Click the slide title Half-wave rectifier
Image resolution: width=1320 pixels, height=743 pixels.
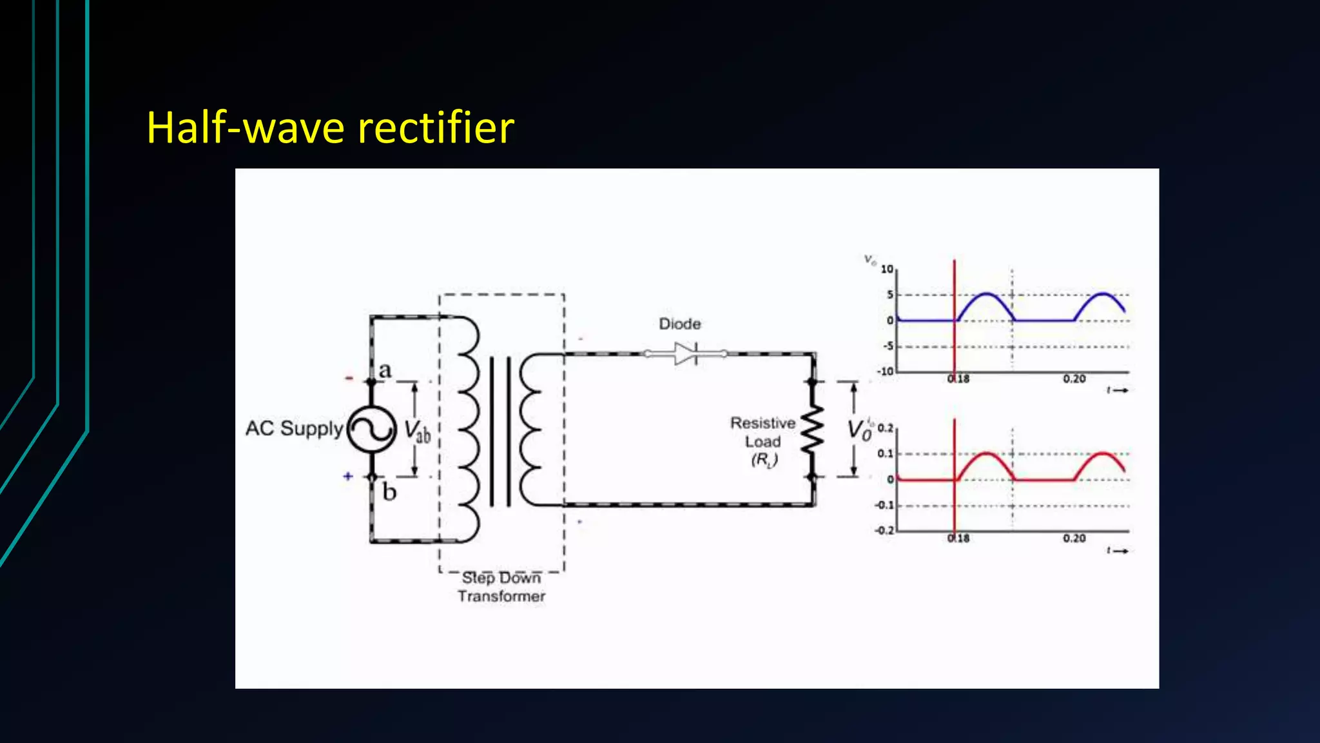click(x=330, y=127)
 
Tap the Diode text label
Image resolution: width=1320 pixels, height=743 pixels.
click(x=679, y=324)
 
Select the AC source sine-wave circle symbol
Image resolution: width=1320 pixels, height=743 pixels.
click(x=372, y=429)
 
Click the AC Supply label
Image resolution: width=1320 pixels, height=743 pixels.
click(x=294, y=428)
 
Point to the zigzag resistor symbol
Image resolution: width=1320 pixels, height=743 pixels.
click(x=812, y=430)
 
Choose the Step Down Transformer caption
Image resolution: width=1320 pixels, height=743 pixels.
click(x=501, y=587)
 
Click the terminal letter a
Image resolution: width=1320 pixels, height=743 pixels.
click(x=385, y=370)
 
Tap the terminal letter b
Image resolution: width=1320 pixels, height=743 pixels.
click(x=389, y=492)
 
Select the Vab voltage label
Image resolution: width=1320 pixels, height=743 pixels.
click(x=417, y=430)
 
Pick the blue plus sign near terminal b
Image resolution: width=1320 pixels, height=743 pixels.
click(x=348, y=476)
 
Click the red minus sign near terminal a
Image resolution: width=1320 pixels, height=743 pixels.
click(x=349, y=378)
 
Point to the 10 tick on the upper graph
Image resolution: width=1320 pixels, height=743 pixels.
click(x=887, y=269)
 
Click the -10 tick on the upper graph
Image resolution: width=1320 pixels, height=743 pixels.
click(x=885, y=371)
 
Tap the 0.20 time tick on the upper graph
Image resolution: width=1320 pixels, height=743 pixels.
click(x=1074, y=379)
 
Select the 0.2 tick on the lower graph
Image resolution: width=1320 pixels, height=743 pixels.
click(x=886, y=428)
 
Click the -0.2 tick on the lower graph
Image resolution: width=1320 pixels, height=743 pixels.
click(x=884, y=530)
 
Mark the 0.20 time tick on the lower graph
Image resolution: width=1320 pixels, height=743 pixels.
click(x=1074, y=539)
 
